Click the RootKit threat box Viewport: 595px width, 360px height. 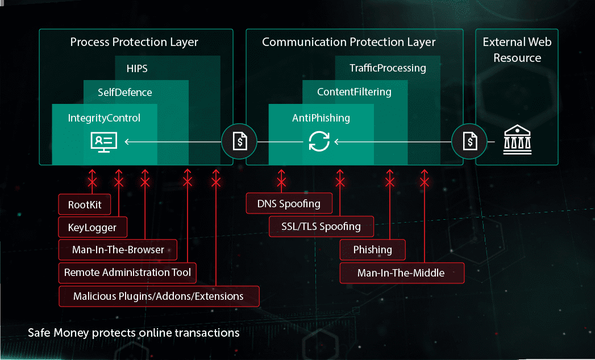pyautogui.click(x=85, y=204)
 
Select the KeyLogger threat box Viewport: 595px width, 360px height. pyautogui.click(x=93, y=228)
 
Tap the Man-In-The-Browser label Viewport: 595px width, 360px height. pyautogui.click(x=118, y=250)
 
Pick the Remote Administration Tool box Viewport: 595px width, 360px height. pyautogui.click(x=128, y=273)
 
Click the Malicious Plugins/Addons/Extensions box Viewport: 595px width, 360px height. pyautogui.click(x=159, y=296)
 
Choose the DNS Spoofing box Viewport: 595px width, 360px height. pyautogui.click(x=289, y=203)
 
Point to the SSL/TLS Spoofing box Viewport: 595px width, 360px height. pyautogui.click(x=321, y=226)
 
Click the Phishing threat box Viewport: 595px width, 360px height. pyautogui.click(x=373, y=250)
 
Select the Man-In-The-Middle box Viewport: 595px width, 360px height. pyautogui.click(x=401, y=273)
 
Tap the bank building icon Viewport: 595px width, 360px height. pyautogui.click(x=517, y=141)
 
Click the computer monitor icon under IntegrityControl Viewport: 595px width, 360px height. pyautogui.click(x=104, y=141)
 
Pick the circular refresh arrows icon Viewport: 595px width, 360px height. pyautogui.click(x=319, y=141)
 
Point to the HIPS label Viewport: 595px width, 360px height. pyautogui.click(x=137, y=68)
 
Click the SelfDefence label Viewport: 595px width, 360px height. pyautogui.click(x=125, y=92)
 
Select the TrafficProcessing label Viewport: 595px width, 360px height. pyautogui.click(x=388, y=68)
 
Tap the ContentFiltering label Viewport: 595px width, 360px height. pyautogui.click(x=354, y=92)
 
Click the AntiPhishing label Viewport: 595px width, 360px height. pyautogui.click(x=321, y=118)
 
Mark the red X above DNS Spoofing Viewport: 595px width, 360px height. pyautogui.click(x=281, y=182)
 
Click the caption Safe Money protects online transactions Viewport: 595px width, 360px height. pyautogui.click(x=134, y=333)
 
